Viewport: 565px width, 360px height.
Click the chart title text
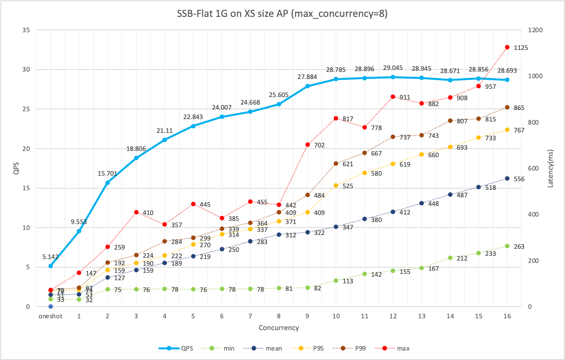(282, 14)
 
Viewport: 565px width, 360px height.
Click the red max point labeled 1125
(507, 47)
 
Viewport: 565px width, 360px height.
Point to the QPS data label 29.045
(393, 68)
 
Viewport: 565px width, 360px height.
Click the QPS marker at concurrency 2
(108, 182)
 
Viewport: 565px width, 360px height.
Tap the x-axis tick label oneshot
(50, 316)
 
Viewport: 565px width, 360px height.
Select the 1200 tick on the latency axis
(535, 30)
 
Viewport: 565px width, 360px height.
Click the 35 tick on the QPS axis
(26, 30)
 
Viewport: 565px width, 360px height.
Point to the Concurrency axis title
(279, 328)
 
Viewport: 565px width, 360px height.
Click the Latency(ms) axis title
(550, 168)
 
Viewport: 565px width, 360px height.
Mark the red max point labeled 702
(308, 145)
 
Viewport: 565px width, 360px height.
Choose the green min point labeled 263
(507, 246)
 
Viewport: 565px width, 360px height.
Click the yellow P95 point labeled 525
(336, 186)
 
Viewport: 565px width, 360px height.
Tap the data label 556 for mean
(519, 179)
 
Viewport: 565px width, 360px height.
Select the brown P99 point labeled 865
(507, 107)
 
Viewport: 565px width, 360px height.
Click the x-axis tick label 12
(393, 316)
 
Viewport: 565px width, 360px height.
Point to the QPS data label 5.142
(50, 257)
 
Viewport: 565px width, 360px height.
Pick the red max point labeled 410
(136, 212)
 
